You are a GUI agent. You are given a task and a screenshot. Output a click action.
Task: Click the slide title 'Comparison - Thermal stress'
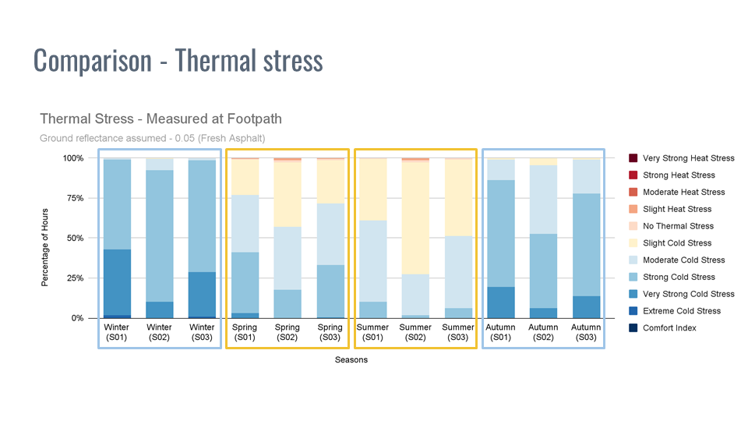pos(178,61)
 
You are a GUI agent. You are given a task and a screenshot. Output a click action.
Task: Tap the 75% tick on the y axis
pos(73,198)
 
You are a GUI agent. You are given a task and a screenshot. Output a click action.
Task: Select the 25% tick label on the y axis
pos(73,278)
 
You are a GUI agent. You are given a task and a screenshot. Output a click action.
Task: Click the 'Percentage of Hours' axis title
pos(45,238)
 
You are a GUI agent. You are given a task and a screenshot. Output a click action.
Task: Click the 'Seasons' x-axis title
pos(351,360)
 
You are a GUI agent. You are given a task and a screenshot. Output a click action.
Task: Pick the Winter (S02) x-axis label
pos(160,332)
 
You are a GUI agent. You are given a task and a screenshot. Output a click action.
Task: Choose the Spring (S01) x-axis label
pos(245,332)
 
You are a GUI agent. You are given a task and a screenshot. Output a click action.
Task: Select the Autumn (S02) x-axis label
pos(542,332)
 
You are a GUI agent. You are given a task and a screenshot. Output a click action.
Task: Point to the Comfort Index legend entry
pos(669,328)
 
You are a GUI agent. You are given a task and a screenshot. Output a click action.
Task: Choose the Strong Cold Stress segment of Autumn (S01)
pos(500,233)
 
